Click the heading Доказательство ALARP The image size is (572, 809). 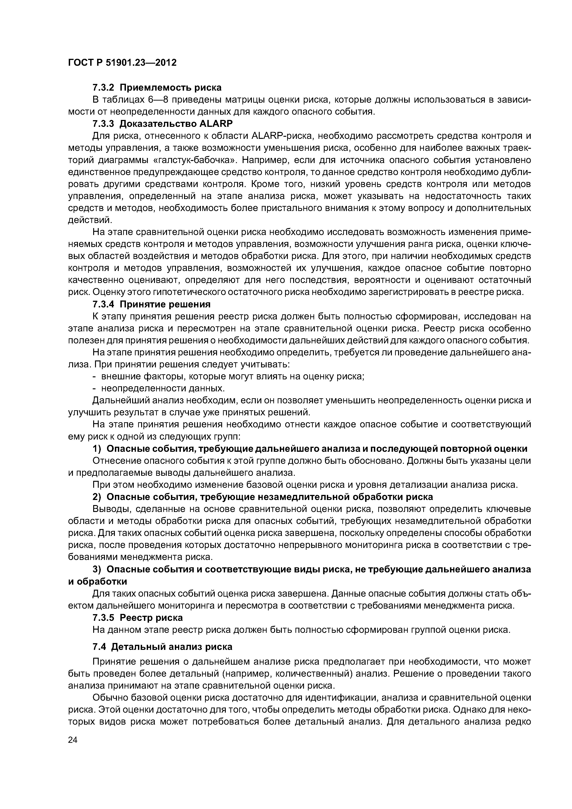pos(176,124)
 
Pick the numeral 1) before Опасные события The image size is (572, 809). pos(97,449)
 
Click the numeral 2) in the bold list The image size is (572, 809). pos(97,497)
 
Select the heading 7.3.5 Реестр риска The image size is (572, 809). pos(137,618)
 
